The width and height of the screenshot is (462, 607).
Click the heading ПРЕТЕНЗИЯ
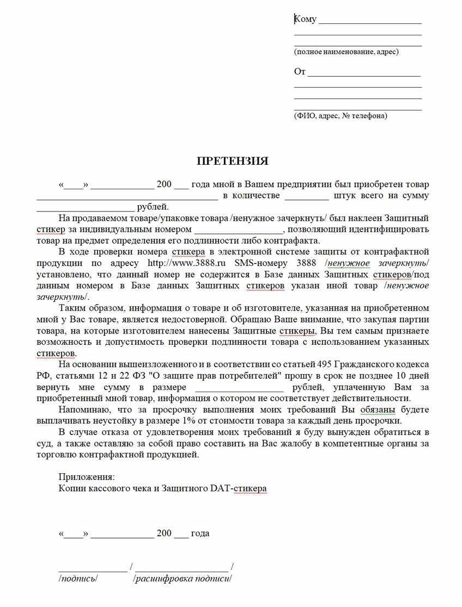coord(232,162)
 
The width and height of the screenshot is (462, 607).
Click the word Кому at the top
coord(306,19)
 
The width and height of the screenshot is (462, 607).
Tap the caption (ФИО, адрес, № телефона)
coord(341,116)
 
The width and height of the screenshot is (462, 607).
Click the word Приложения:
coord(83,477)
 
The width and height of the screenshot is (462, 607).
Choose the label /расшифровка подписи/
coord(183,578)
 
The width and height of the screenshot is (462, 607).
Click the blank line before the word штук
coord(306,196)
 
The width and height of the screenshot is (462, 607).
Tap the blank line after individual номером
coord(236,230)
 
